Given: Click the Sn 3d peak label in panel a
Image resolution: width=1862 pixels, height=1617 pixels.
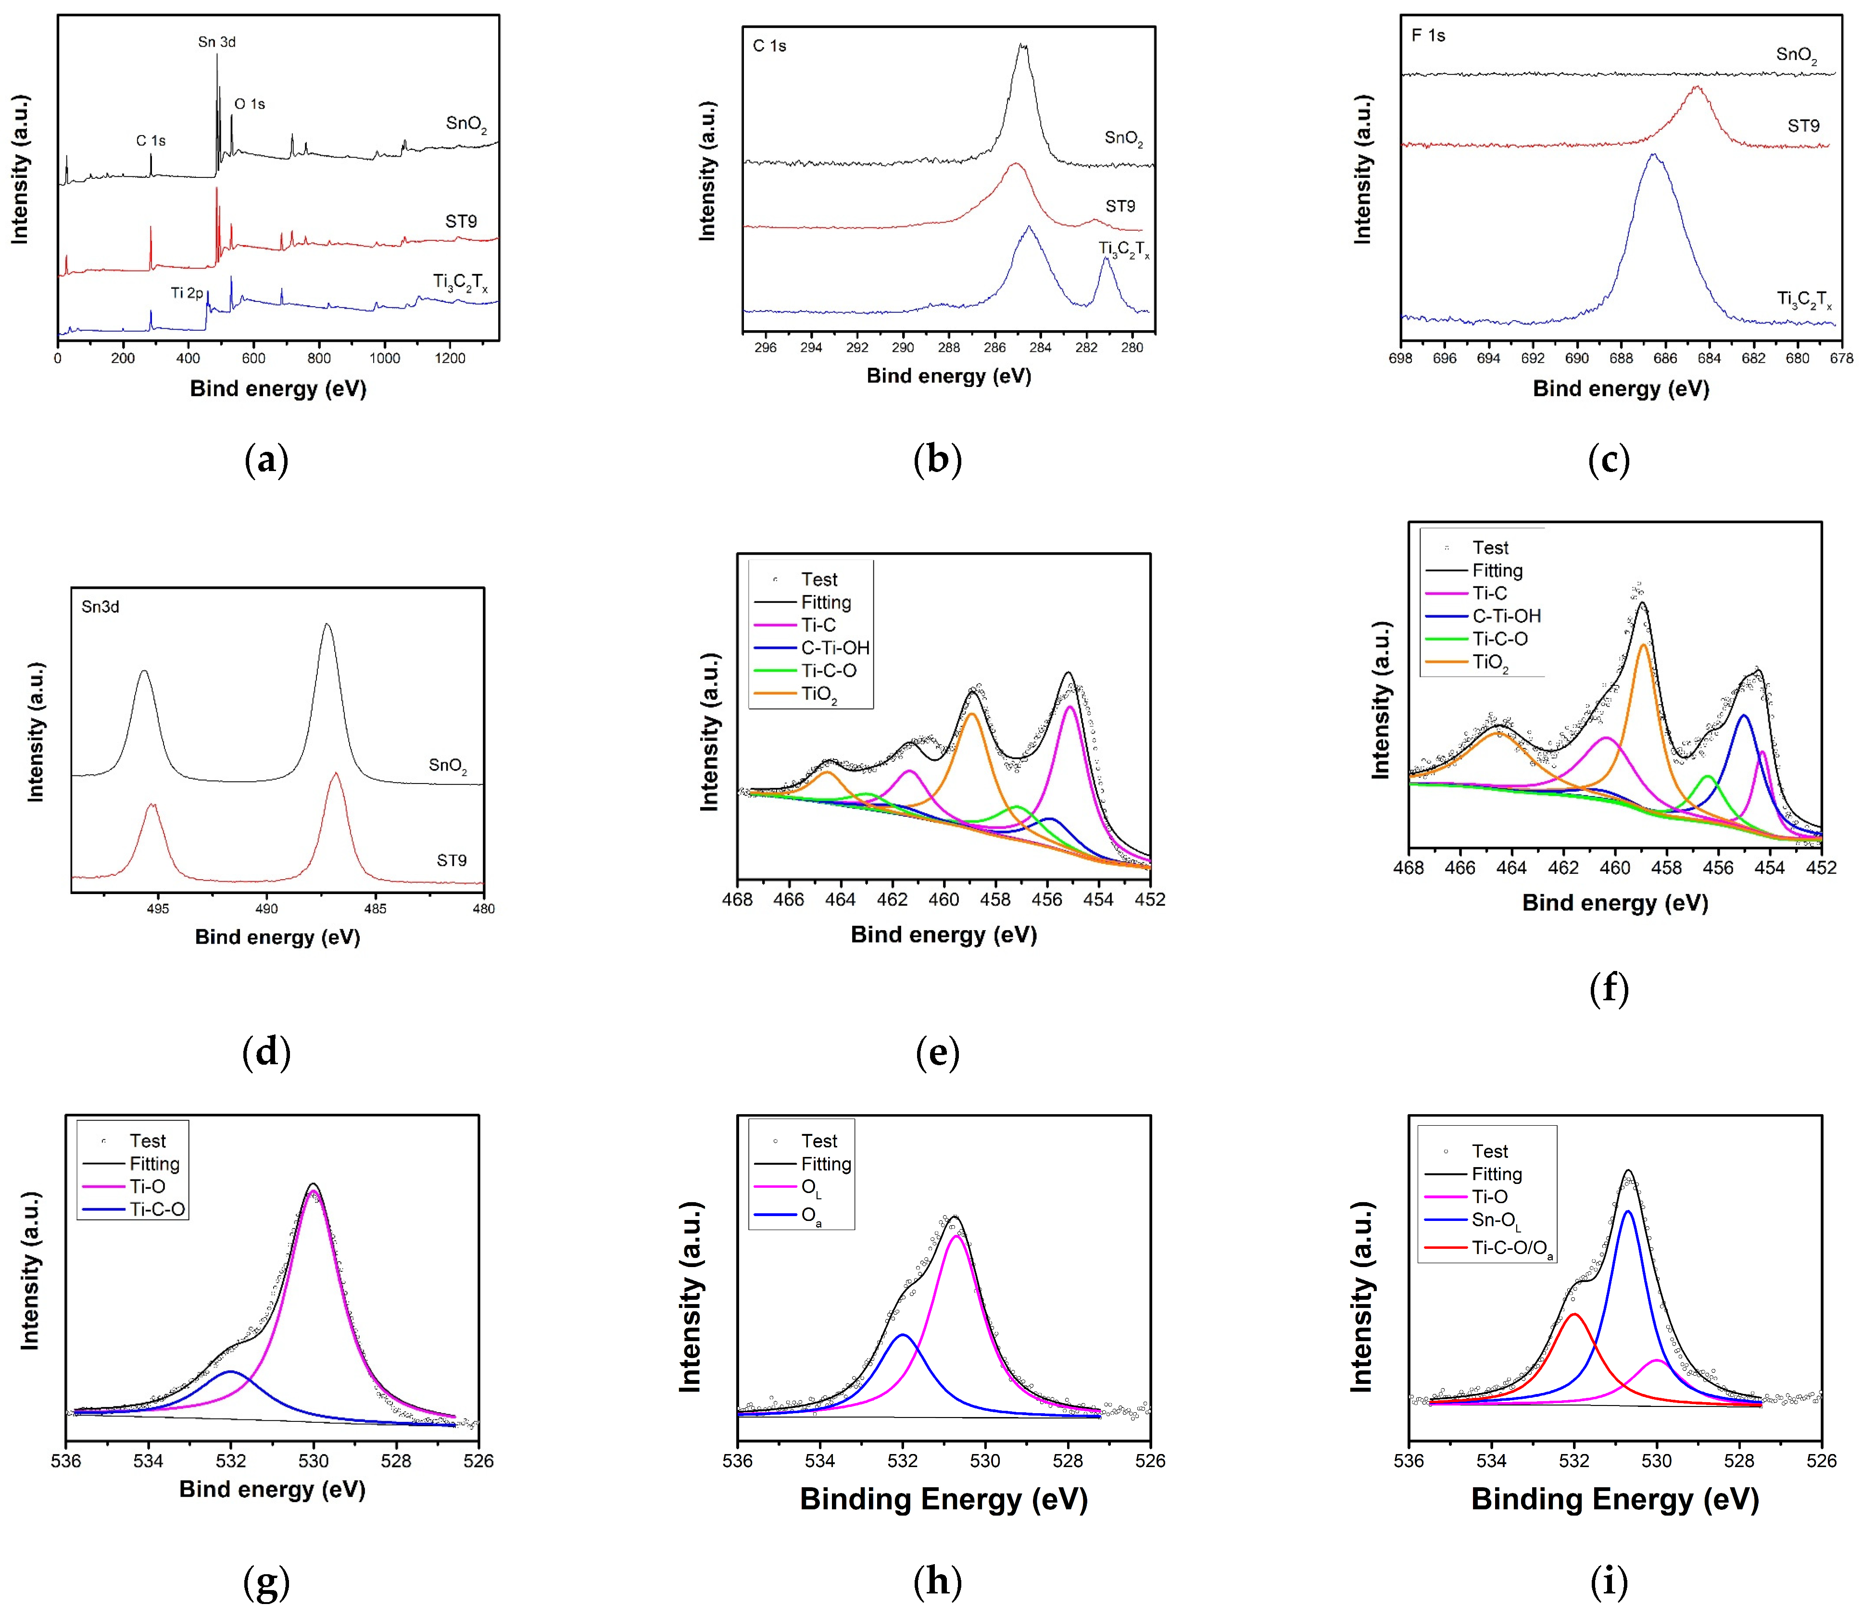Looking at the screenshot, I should [216, 42].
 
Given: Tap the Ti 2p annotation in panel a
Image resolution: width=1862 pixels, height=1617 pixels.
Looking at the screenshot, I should [187, 293].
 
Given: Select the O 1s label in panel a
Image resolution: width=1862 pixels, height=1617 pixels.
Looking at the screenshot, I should [250, 105].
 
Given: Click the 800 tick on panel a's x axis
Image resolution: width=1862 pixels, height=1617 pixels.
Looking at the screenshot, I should [319, 358].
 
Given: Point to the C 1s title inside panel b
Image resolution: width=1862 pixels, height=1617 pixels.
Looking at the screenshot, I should [769, 46].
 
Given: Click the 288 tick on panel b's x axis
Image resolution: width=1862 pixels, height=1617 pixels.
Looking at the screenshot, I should [949, 348].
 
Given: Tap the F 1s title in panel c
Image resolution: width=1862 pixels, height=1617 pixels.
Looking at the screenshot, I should [1428, 36].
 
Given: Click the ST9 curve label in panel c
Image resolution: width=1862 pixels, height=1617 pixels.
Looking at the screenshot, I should [1803, 126].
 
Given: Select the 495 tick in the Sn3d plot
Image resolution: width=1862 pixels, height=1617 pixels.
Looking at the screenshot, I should [158, 908].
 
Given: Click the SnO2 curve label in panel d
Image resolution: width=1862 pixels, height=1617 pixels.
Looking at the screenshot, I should [448, 766].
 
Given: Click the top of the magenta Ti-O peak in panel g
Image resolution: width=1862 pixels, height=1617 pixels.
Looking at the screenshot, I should [313, 1192].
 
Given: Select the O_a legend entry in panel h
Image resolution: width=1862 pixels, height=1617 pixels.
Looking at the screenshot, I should [810, 1217].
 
